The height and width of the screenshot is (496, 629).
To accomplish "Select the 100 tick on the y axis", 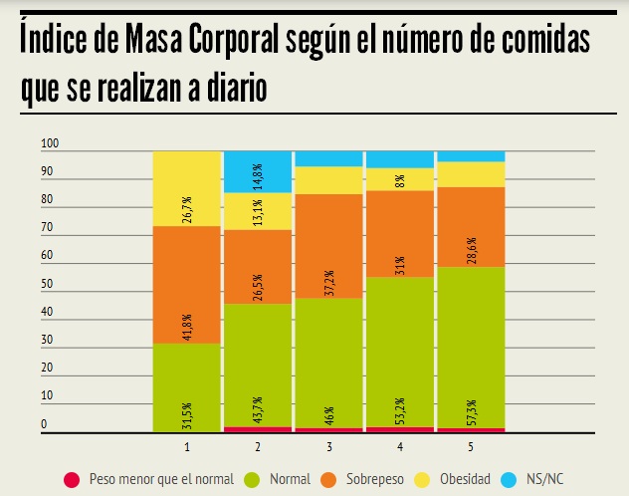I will coord(50,144).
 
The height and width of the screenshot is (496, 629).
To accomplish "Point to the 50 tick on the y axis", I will coord(46,285).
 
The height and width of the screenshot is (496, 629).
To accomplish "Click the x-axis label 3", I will coord(328,445).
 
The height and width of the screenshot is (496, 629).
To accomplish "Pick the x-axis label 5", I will coord(471,445).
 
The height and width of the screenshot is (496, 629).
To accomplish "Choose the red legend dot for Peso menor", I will coord(70,479).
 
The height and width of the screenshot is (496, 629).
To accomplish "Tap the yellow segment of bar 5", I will coord(471,173).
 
